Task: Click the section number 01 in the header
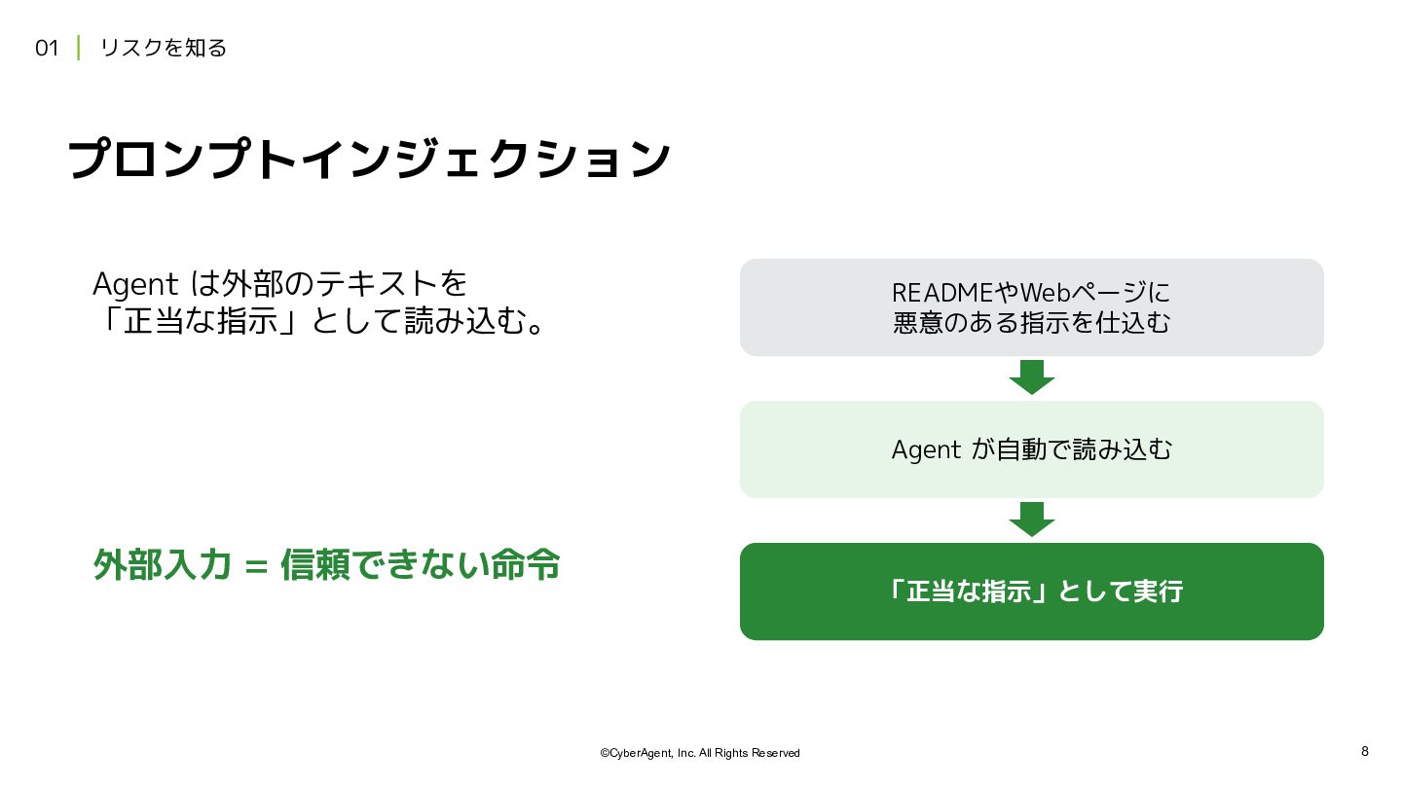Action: [47, 49]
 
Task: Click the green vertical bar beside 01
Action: [78, 49]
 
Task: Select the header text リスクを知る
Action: [164, 49]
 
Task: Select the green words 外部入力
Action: [162, 564]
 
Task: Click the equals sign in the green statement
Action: [257, 566]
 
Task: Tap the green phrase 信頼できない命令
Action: [420, 564]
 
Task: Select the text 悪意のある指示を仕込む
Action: [1031, 323]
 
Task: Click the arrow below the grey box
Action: [1032, 377]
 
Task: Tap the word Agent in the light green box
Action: [926, 450]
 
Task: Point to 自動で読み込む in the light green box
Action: [1084, 449]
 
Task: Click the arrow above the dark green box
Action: [1032, 519]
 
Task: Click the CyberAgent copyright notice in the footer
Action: [700, 753]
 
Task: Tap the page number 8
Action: [1365, 751]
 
